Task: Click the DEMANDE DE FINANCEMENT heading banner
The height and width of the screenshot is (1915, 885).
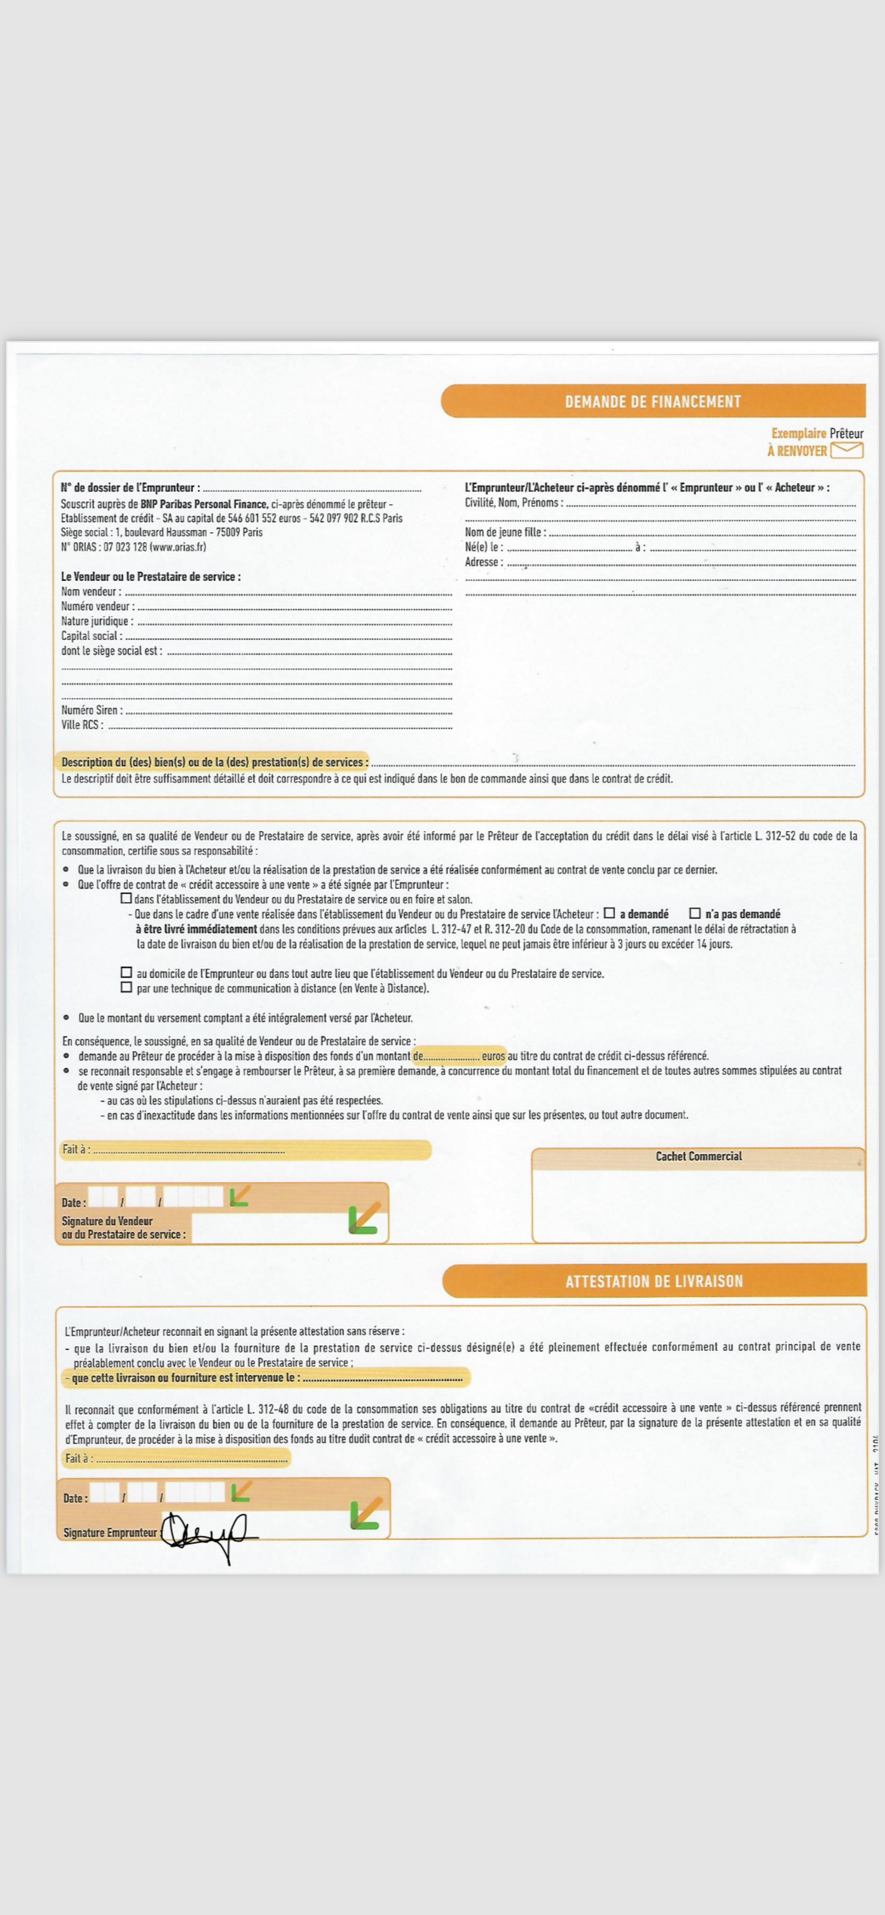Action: (653, 401)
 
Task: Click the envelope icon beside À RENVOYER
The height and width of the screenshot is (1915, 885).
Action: (847, 450)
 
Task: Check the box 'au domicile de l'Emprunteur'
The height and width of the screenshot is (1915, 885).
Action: (127, 973)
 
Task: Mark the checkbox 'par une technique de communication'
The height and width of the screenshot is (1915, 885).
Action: (127, 987)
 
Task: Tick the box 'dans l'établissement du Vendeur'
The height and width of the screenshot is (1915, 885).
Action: (127, 898)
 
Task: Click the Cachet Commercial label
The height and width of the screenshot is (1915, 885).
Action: (698, 1156)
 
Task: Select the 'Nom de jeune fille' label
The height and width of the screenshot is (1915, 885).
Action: (505, 532)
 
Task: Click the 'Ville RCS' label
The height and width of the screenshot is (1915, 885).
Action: (82, 725)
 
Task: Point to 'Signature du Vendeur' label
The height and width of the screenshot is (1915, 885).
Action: (107, 1221)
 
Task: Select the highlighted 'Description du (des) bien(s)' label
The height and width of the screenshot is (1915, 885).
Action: (214, 762)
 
